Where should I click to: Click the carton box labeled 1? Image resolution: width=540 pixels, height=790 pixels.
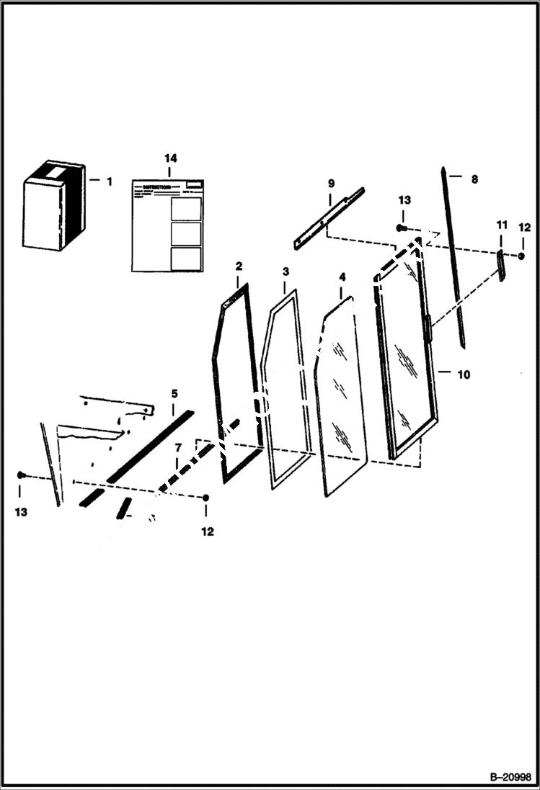point(53,206)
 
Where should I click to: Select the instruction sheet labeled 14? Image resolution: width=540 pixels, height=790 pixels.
point(167,225)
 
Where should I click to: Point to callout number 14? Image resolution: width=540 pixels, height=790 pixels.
point(169,158)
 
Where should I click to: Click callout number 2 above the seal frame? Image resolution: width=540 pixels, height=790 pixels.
point(239,266)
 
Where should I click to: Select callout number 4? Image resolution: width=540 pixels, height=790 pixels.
point(342,277)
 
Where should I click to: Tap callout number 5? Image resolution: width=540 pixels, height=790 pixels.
point(174,393)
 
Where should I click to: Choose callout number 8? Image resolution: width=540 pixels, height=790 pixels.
point(474,179)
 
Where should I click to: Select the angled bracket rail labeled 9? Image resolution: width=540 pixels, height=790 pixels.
point(329,217)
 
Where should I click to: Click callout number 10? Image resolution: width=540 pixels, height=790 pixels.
point(463,374)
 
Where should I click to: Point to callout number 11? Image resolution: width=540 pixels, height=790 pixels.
point(501,226)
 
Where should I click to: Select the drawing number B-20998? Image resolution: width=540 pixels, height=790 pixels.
point(510,777)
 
